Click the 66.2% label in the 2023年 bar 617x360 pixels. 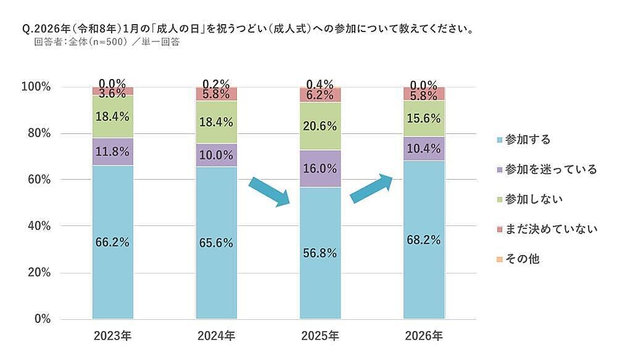[112, 242]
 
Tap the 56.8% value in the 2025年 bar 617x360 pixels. [320, 253]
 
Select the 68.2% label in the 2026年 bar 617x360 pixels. [423, 240]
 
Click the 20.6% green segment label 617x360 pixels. [320, 126]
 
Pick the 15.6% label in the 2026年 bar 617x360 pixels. [423, 123]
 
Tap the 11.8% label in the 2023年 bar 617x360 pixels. [112, 151]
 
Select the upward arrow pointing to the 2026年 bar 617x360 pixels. [371, 188]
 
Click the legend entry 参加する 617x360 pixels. [527, 140]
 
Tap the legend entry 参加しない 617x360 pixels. [534, 199]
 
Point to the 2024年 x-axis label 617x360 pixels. [216, 337]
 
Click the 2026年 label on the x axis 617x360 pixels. [423, 337]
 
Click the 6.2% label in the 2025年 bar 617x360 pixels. [320, 95]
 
